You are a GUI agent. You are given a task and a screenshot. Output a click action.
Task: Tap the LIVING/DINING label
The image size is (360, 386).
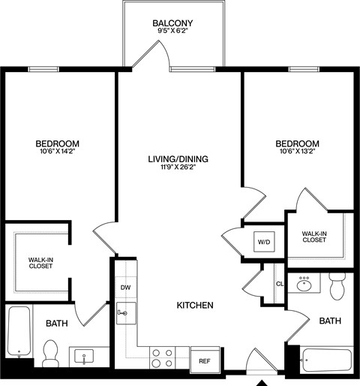coord(178,159)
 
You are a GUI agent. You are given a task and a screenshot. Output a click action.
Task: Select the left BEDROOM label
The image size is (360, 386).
coord(57,143)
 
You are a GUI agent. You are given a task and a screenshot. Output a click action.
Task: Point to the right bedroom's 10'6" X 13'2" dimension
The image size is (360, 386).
coord(297,153)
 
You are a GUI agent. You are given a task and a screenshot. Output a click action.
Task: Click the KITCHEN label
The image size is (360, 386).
coord(195,306)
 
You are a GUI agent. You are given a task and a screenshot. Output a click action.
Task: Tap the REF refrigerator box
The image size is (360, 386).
coord(204,360)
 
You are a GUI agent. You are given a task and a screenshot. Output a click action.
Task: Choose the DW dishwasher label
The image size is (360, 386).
coord(125,287)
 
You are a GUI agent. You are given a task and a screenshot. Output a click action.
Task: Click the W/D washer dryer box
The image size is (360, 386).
coord(263,243)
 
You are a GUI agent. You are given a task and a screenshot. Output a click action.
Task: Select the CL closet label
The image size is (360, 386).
coord(279,283)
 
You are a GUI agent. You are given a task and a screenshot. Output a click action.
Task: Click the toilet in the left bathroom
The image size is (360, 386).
coord(51,353)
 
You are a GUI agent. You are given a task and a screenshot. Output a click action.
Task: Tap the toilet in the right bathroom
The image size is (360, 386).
coord(337,285)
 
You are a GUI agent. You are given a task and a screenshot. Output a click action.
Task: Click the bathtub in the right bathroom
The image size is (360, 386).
coord(325,361)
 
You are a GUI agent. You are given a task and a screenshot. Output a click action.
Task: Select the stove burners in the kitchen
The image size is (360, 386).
coord(161,357)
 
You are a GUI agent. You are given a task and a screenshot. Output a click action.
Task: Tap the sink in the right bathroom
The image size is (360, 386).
coord(305,284)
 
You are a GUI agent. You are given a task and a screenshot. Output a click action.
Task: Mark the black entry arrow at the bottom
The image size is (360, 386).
coord(262,381)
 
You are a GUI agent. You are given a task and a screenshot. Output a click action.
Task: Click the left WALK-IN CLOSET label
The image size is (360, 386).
coord(40,262)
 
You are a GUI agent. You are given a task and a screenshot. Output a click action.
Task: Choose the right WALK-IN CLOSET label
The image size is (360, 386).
coord(318,237)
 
